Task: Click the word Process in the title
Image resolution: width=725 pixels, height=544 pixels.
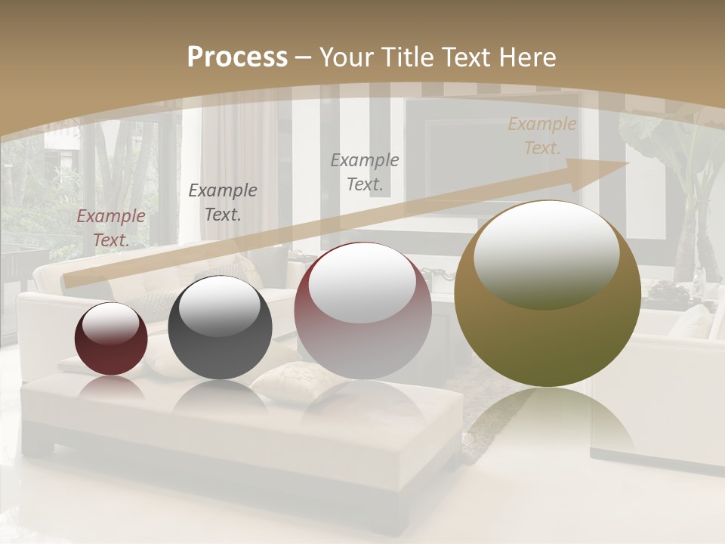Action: [x=237, y=57]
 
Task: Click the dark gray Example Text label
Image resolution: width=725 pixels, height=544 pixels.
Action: [x=223, y=202]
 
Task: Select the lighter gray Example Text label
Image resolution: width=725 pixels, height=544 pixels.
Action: [x=365, y=172]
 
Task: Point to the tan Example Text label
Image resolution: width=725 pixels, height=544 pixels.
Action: [x=541, y=136]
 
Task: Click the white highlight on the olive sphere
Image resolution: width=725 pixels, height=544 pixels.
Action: [x=547, y=253]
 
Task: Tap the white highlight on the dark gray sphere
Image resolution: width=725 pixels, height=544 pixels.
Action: [x=219, y=306]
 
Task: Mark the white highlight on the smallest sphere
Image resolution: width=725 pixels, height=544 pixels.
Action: [x=110, y=324]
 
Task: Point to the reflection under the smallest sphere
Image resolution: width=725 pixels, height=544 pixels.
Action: [x=111, y=388]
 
